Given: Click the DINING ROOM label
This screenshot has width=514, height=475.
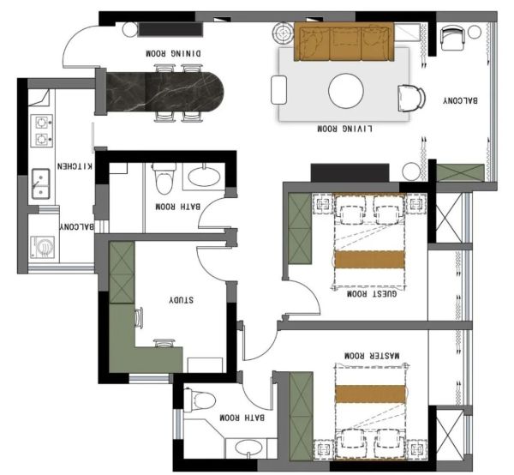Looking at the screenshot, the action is [x=173, y=53].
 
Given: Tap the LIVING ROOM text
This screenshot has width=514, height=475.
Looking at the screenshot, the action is [x=344, y=129].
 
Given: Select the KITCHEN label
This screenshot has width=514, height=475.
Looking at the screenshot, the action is [x=75, y=166].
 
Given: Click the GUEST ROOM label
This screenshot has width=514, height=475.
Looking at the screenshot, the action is [x=372, y=293].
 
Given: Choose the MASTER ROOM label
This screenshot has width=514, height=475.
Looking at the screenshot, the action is [x=372, y=355].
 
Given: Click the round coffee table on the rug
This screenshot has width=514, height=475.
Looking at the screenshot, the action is [x=346, y=91].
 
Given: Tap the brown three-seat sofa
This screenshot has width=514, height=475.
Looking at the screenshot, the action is [x=344, y=42].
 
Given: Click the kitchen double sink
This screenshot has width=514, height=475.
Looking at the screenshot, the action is [x=40, y=183].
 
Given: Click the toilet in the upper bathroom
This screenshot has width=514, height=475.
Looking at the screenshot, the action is [x=164, y=178].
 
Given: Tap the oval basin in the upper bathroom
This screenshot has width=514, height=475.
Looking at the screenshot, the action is [x=204, y=177].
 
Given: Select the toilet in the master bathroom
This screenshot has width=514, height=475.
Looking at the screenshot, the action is [x=199, y=400].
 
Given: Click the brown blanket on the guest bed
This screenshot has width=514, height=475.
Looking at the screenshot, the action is [x=369, y=260].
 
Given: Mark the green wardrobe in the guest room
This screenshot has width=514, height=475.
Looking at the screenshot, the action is [x=300, y=228].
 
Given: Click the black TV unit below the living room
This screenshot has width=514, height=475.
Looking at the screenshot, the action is [x=350, y=172].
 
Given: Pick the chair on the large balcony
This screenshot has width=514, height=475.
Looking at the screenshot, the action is [x=452, y=38].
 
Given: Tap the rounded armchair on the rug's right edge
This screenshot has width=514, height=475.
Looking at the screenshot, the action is [x=411, y=98].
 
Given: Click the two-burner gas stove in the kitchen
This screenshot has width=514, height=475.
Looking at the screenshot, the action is [x=42, y=130].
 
